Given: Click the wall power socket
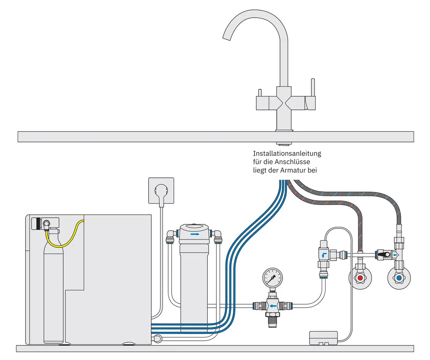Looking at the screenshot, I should pyautogui.click(x=161, y=190).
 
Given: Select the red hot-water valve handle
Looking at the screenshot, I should pyautogui.click(x=360, y=278).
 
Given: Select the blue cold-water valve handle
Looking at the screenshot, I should pyautogui.click(x=399, y=278).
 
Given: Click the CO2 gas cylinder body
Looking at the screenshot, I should pyautogui.click(x=53, y=292).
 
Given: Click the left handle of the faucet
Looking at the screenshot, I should pyautogui.click(x=260, y=93).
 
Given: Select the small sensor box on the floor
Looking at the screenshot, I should pyautogui.click(x=323, y=338).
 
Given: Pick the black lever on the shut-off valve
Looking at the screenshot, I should pyautogui.click(x=384, y=255).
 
